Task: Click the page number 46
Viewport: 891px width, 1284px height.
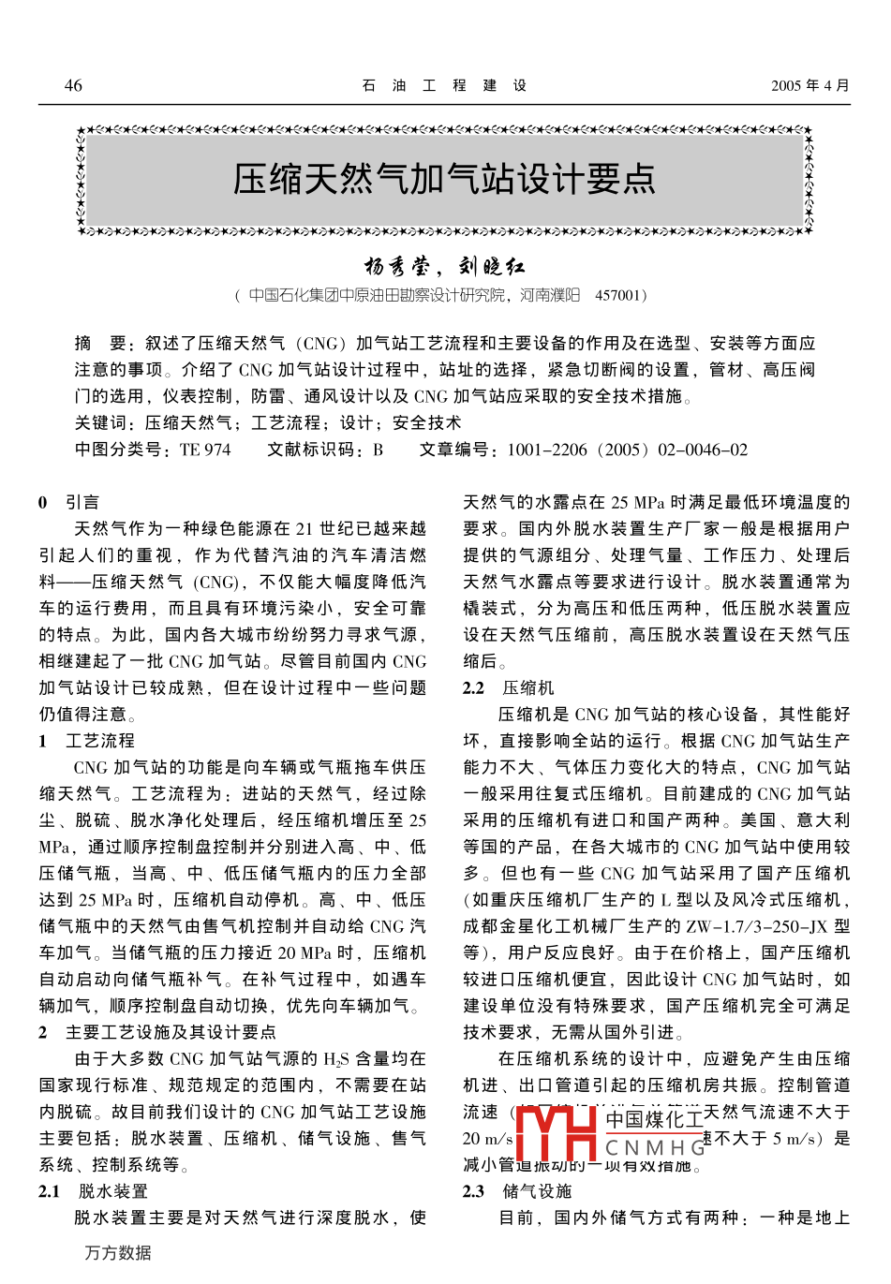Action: (73, 85)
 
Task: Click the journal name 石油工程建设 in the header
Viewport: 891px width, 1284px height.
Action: (445, 85)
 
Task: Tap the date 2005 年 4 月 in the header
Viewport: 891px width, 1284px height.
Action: (809, 85)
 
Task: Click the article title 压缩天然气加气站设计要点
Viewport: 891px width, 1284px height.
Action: (444, 178)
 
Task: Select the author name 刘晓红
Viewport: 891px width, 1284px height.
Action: (492, 267)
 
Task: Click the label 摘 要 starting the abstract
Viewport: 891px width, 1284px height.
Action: (100, 343)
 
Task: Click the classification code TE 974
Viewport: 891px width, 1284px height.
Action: (204, 450)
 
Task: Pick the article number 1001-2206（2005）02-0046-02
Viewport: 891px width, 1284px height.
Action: (627, 450)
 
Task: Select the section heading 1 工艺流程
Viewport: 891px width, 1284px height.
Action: (86, 741)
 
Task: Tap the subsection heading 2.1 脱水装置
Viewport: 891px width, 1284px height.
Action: (93, 1191)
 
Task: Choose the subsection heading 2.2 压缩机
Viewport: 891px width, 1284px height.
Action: (508, 687)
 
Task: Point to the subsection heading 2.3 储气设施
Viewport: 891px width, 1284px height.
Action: (516, 1191)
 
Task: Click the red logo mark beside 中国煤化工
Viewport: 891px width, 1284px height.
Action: (557, 1134)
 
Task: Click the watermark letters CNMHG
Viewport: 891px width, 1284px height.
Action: (655, 1148)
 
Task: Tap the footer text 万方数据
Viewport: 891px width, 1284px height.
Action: (118, 1253)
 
